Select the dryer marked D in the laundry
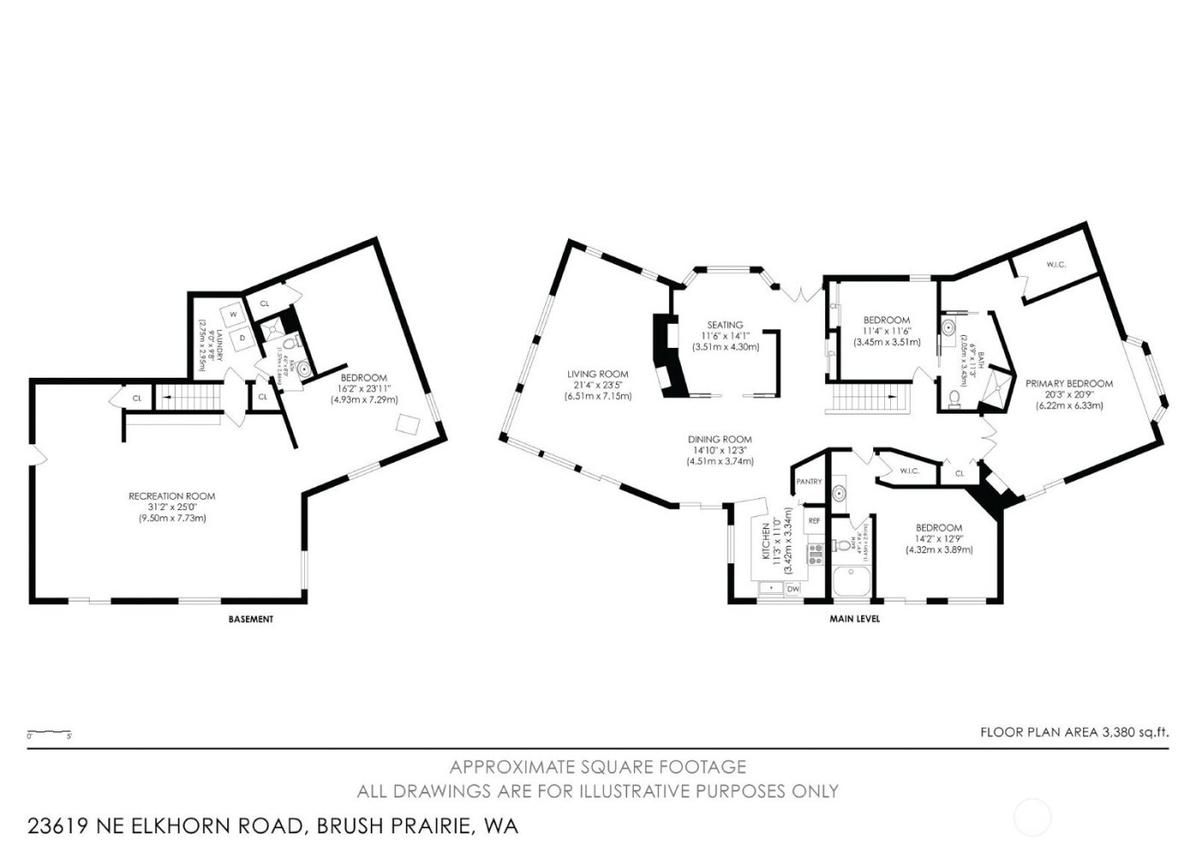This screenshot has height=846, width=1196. coord(242,338)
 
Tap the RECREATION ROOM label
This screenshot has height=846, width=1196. coord(172,496)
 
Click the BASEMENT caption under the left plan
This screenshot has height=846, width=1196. coord(251,619)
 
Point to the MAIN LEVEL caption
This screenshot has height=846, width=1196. coord(854,619)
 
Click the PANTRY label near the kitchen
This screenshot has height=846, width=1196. coord(808,482)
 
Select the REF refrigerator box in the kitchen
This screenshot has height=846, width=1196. coord(814,520)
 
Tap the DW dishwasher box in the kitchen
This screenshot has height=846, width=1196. coord(793,588)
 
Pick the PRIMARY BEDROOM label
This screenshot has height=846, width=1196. coord(1069,384)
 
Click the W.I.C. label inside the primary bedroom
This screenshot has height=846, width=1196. coord(1055,265)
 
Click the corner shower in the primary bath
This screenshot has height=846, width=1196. coord(994,391)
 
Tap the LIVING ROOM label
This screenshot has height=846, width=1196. coord(598,373)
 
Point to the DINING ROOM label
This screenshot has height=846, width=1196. coord(720,439)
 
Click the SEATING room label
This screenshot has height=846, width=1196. coord(724,325)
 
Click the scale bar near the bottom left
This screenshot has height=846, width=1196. coord(49,733)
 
